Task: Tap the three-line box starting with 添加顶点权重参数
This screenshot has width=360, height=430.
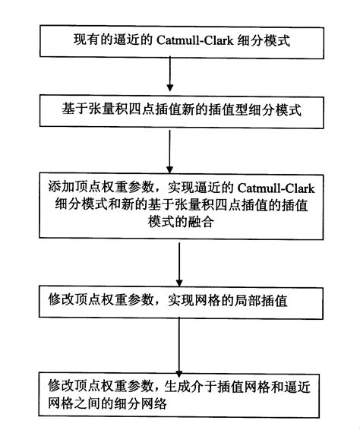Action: (179, 206)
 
